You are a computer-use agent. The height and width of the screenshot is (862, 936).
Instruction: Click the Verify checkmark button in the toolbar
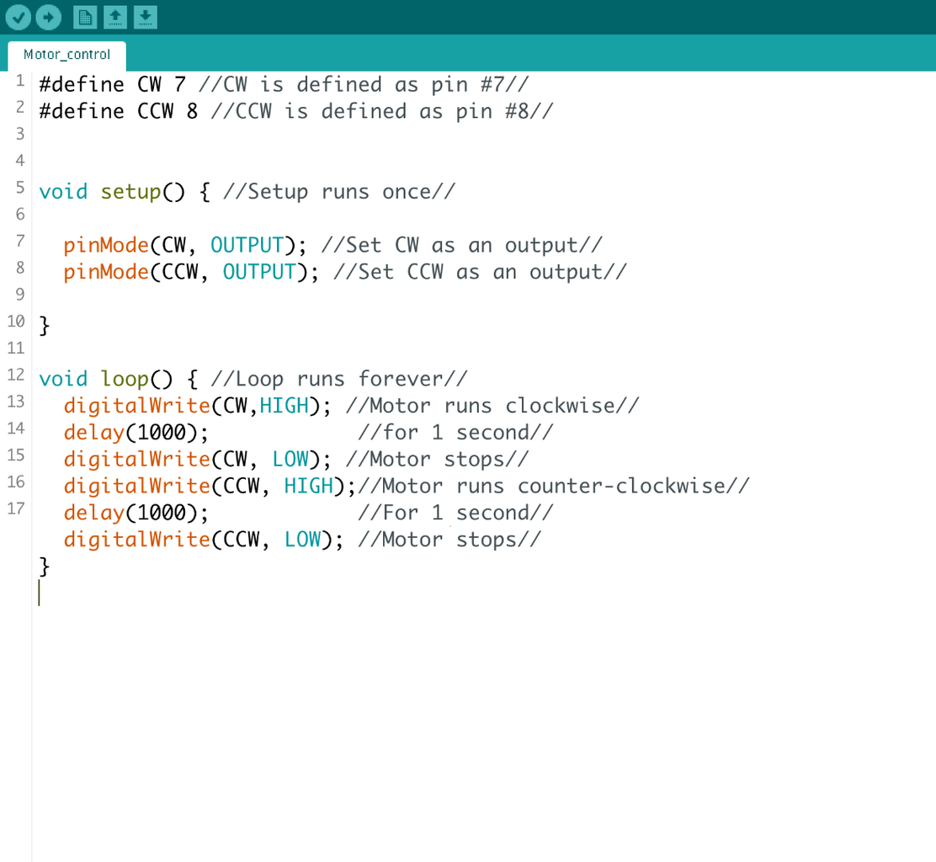click(18, 18)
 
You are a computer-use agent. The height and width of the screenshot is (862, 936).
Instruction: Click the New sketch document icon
click(85, 18)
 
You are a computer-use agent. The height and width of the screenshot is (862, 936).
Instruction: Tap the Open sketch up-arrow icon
click(115, 18)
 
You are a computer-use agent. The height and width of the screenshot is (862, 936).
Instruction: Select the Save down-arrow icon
click(145, 18)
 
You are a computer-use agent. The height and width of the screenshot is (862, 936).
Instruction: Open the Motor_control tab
click(66, 55)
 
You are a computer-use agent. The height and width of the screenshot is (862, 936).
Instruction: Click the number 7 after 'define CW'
click(179, 85)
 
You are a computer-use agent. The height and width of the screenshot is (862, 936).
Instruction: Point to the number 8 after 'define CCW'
click(192, 112)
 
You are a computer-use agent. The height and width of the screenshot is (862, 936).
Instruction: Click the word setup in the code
click(130, 192)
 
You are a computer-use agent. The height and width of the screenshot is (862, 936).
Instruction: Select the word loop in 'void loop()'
click(125, 380)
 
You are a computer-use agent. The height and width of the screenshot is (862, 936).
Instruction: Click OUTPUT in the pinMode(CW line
click(247, 245)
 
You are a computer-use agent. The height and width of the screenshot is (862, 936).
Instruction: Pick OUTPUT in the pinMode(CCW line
click(259, 272)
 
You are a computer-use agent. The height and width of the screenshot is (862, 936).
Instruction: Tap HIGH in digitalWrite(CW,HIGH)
click(285, 406)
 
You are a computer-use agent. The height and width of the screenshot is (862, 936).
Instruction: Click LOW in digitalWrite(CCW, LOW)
click(303, 540)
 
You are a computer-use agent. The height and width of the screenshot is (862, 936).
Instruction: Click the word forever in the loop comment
click(401, 379)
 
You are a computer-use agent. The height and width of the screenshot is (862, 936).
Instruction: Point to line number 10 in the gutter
click(16, 322)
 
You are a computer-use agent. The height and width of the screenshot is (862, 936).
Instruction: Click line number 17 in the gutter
click(16, 508)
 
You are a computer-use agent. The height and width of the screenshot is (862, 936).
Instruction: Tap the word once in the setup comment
click(407, 192)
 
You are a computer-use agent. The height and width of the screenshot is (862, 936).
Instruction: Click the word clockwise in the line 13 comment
click(560, 406)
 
